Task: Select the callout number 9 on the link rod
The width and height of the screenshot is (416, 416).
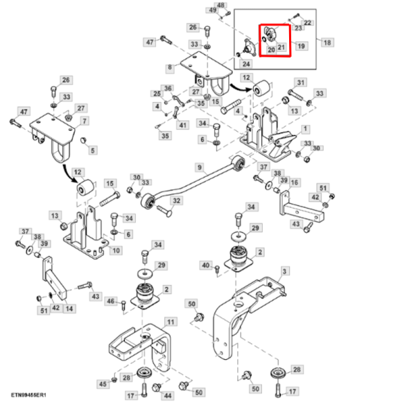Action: [200, 167]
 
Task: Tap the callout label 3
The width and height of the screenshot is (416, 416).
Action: [285, 270]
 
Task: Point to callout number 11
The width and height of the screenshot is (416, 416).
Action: [171, 322]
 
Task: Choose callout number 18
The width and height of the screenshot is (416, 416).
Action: [328, 42]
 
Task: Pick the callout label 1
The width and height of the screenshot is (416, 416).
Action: [306, 129]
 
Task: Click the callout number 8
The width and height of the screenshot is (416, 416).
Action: [169, 68]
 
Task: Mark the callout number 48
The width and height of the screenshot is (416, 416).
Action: [221, 6]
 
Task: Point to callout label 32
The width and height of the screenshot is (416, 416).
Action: [177, 201]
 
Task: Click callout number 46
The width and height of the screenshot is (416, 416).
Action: [111, 301]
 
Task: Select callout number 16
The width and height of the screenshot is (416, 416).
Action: [295, 182]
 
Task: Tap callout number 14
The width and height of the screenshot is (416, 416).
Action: [69, 308]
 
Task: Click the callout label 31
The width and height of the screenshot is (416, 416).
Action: [300, 83]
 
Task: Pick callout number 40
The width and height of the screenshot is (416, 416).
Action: [205, 266]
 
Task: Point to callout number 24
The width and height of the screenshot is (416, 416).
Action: [246, 64]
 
